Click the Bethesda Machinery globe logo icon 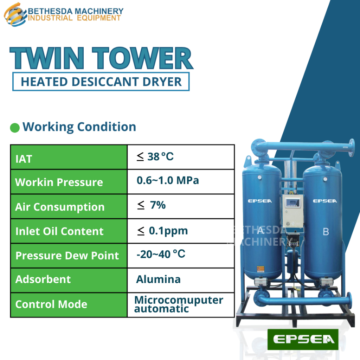pos(15,14)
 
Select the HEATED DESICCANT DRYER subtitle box pos(101,82)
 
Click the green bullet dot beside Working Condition pos(15,127)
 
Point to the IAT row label pos(24,159)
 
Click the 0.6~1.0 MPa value pos(168,181)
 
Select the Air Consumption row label pos(60,207)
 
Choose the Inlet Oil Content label pos(59,231)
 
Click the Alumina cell pos(158,279)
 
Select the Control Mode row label pos(51,304)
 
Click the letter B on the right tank pos(326,232)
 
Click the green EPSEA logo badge pos(303,340)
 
